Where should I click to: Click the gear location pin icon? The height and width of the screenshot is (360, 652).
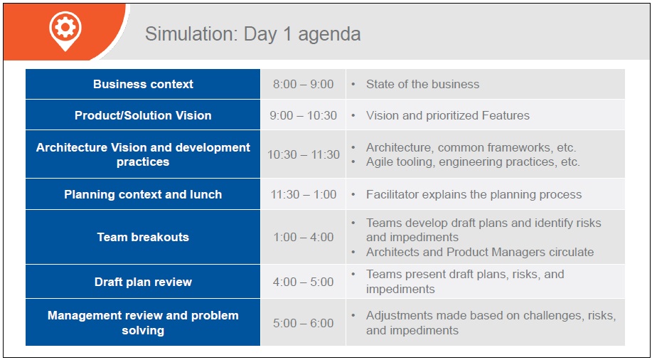(65, 31)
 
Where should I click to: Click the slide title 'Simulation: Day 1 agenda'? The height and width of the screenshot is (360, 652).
(253, 34)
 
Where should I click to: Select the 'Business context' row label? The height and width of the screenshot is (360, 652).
(143, 84)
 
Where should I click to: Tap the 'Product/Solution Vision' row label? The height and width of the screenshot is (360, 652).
(143, 115)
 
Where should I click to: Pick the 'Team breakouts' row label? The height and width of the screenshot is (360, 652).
(143, 237)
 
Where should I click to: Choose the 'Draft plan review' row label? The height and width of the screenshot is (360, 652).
(143, 282)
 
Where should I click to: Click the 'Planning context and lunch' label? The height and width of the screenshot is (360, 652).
(143, 194)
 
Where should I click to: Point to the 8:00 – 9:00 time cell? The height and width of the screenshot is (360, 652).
(303, 84)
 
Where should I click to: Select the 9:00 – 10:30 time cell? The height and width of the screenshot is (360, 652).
(303, 115)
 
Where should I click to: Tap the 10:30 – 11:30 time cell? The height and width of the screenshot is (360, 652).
(303, 154)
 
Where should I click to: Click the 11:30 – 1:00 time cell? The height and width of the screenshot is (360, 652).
(303, 194)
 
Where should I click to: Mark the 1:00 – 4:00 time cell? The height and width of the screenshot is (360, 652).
(303, 237)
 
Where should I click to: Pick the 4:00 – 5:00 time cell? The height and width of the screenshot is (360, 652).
(303, 282)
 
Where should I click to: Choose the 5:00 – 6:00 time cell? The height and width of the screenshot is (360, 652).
(303, 323)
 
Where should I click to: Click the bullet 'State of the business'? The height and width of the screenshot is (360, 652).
(422, 84)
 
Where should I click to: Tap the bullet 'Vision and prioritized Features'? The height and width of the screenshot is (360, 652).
(448, 115)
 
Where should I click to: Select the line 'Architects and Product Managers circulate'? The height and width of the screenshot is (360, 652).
(480, 252)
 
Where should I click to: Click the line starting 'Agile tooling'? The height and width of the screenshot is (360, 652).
(473, 162)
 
